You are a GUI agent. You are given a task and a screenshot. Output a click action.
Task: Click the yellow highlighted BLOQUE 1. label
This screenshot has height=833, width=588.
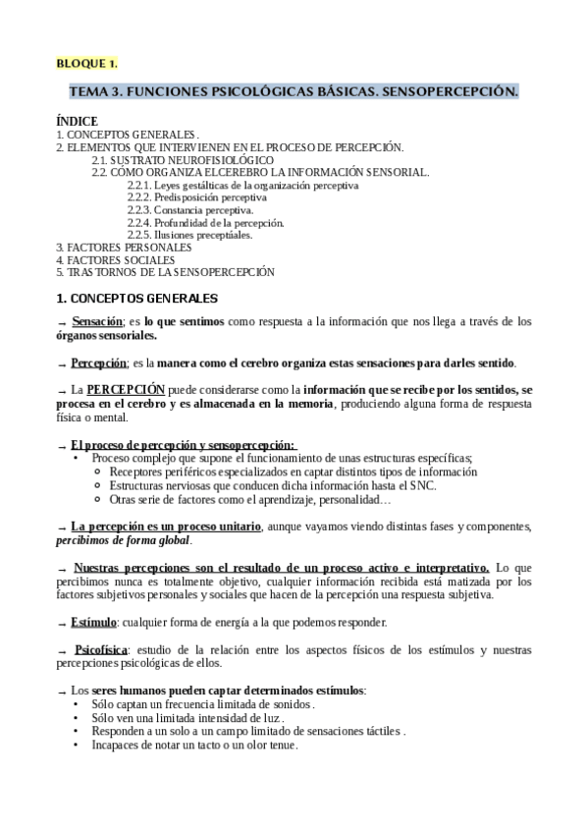[86, 64]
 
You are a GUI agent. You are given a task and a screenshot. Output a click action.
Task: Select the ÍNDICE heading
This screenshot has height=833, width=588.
[77, 122]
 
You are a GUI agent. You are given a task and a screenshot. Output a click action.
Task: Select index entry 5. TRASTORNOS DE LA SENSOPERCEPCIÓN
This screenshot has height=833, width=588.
[165, 272]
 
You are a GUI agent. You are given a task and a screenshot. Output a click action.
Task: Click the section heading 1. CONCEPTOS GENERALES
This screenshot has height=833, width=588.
[136, 298]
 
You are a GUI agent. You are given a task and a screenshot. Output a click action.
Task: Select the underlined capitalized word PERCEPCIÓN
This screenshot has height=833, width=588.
[133, 390]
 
